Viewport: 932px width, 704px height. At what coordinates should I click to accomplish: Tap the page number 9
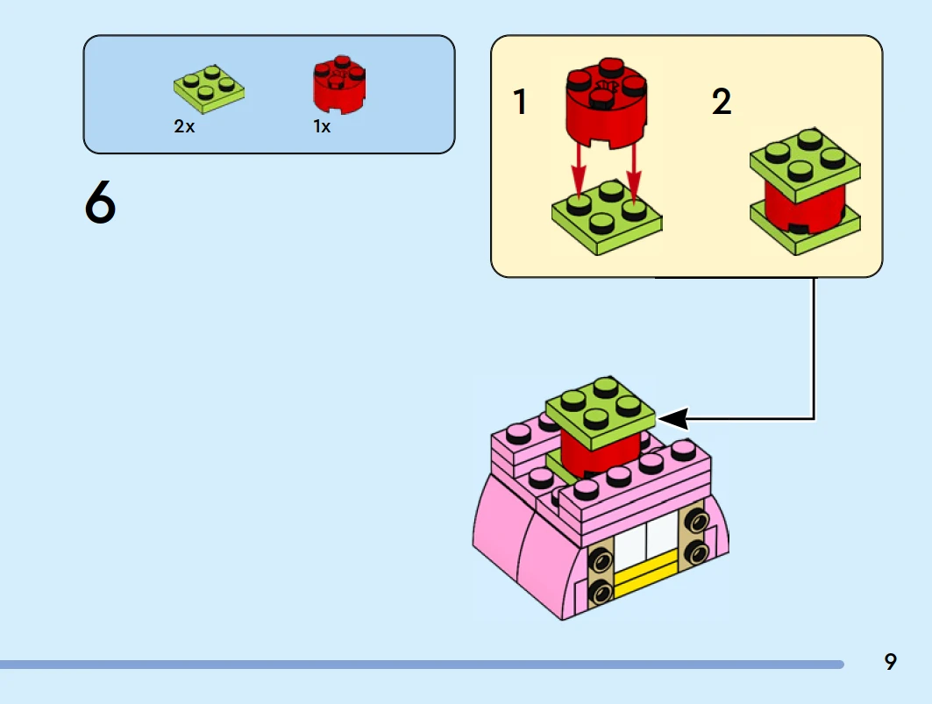(891, 662)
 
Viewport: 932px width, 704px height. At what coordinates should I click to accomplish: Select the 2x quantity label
(184, 126)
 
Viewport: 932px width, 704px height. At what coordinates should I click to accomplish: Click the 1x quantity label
(322, 126)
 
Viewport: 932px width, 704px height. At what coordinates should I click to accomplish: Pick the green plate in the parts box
(209, 89)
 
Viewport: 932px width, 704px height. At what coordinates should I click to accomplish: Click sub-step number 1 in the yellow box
(521, 103)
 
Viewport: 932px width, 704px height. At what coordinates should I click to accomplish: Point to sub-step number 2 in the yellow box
(721, 103)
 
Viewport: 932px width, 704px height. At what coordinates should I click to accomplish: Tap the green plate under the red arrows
(605, 219)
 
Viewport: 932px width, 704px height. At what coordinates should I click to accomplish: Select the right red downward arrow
(633, 171)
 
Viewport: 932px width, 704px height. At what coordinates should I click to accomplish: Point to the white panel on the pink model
(645, 544)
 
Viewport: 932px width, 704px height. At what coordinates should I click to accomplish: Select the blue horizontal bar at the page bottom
(421, 665)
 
